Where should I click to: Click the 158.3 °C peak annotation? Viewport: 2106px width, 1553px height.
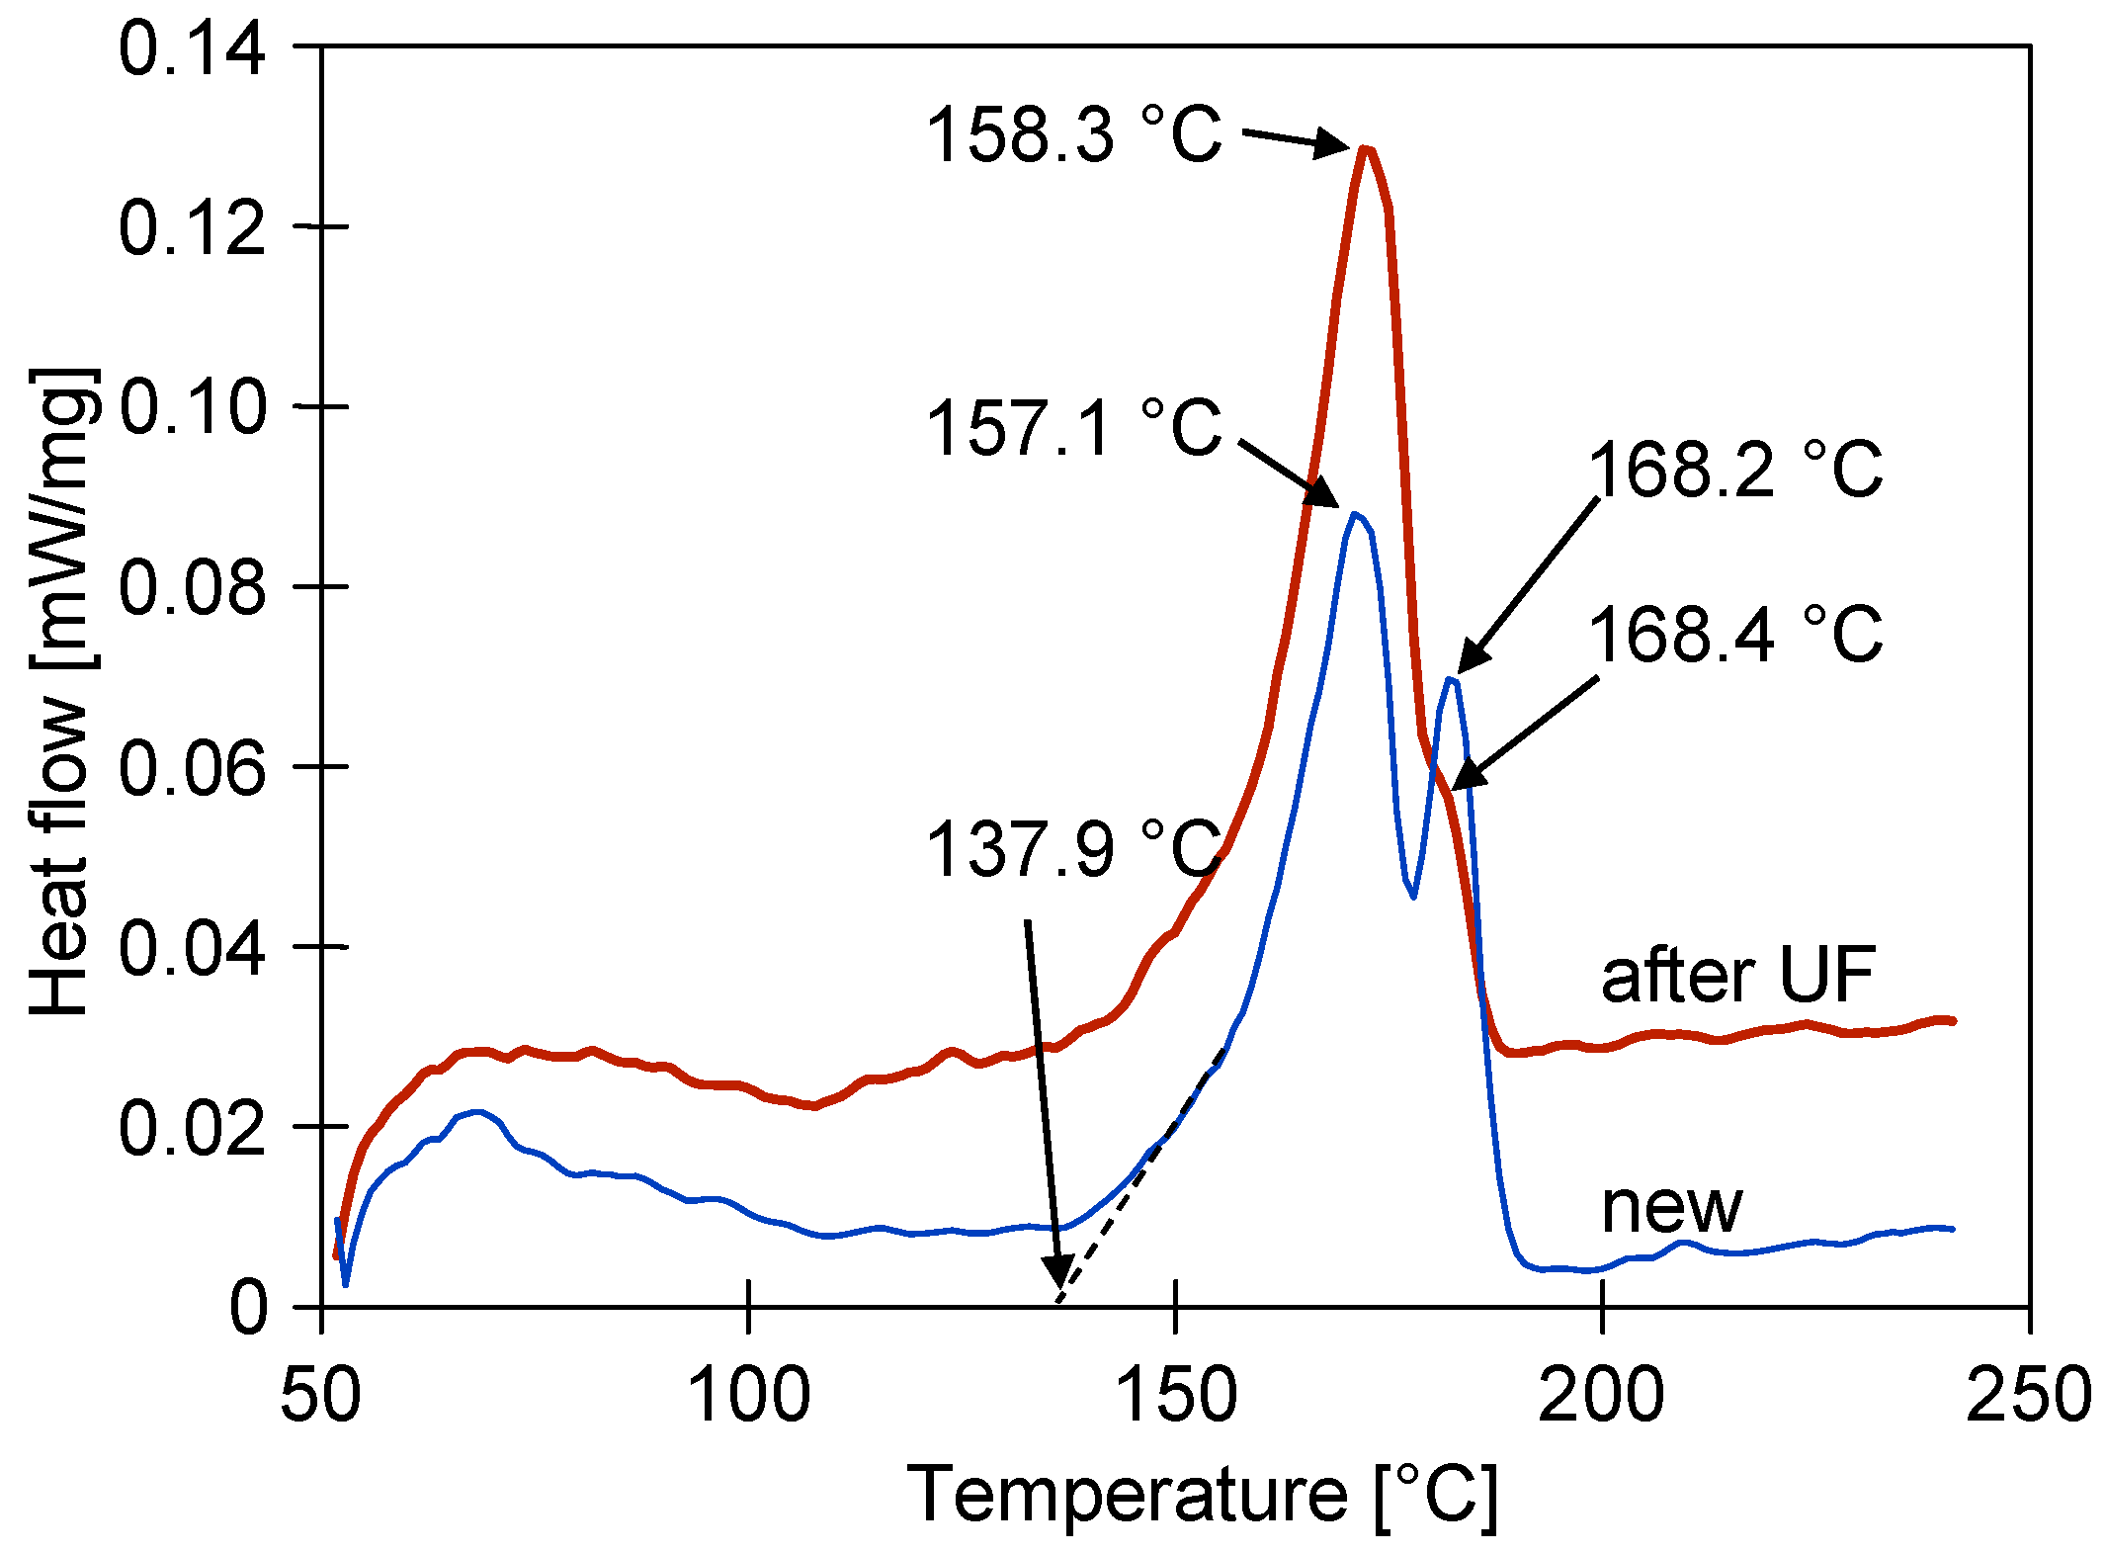click(1073, 134)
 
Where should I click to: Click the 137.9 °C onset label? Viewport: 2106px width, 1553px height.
click(1073, 849)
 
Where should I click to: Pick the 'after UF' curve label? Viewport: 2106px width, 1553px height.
click(1736, 976)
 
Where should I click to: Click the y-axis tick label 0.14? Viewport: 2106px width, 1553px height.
click(192, 49)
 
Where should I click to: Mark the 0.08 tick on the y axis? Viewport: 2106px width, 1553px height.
click(192, 588)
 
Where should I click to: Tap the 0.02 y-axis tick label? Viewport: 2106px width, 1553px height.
click(192, 1128)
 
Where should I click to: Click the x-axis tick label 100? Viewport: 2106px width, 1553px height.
click(748, 1395)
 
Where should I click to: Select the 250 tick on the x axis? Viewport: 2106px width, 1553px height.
click(2028, 1395)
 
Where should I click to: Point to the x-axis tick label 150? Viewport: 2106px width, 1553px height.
click(1175, 1395)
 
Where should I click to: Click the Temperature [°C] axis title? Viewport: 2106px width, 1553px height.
click(1201, 1494)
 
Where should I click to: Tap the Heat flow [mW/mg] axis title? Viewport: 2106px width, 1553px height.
click(61, 692)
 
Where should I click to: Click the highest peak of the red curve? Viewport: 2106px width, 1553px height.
click(1365, 149)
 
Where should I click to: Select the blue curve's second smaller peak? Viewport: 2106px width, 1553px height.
click(1451, 679)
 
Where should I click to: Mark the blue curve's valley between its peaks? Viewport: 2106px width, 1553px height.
click(1413, 895)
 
